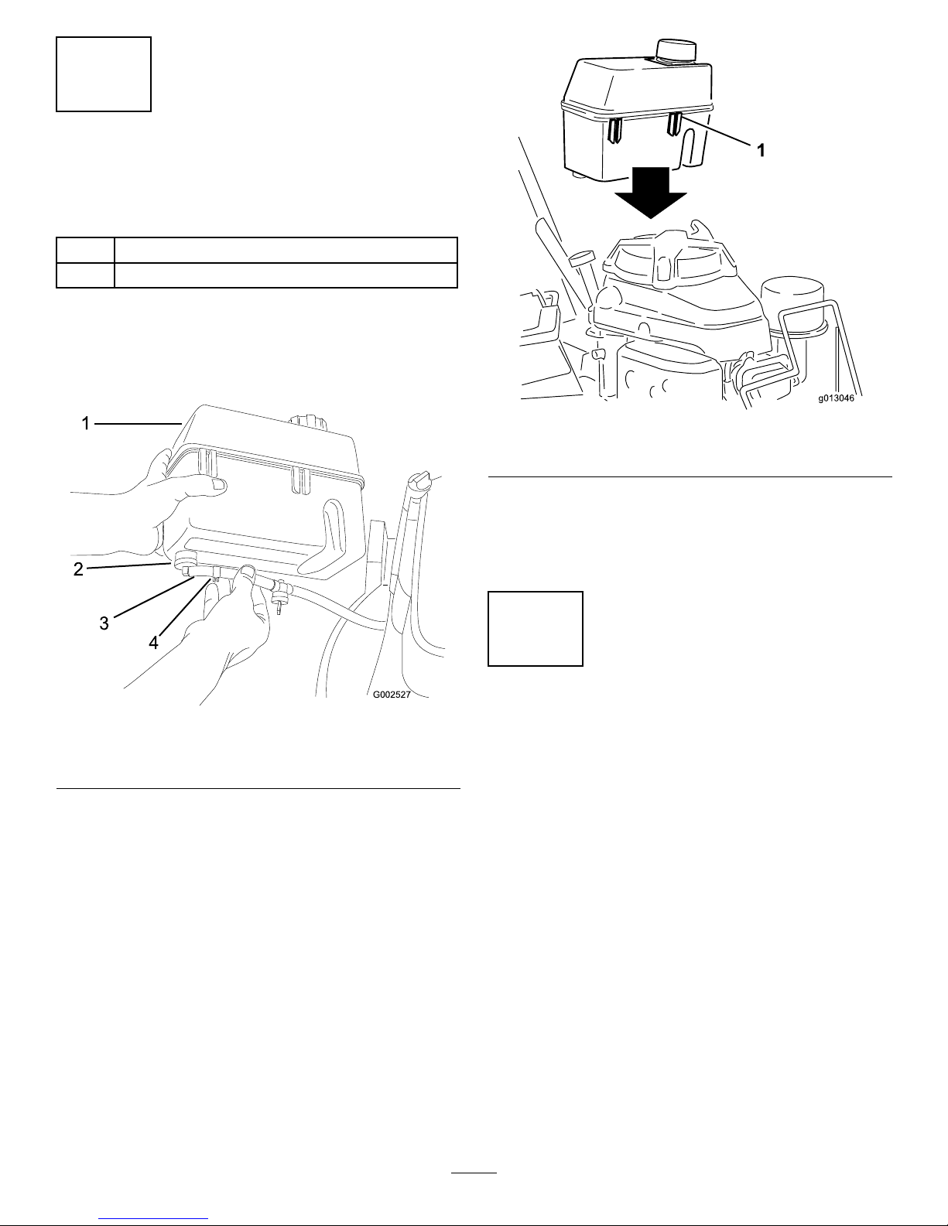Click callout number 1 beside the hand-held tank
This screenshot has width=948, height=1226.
(x=86, y=423)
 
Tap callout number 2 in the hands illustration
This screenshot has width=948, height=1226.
(x=78, y=569)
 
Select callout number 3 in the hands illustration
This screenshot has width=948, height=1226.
(x=104, y=623)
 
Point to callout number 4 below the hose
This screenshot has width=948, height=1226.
(x=153, y=643)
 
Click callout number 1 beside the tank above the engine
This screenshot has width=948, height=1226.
(x=761, y=150)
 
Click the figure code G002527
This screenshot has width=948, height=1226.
(x=392, y=695)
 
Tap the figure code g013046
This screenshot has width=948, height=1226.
(x=837, y=398)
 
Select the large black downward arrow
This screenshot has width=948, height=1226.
(x=651, y=193)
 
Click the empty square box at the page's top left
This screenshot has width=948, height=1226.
(x=104, y=74)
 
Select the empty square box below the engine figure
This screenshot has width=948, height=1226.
(x=535, y=629)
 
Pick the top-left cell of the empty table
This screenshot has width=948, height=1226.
(x=85, y=250)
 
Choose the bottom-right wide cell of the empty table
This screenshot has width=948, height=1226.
(x=286, y=275)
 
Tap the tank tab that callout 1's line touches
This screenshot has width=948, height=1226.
(x=675, y=125)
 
